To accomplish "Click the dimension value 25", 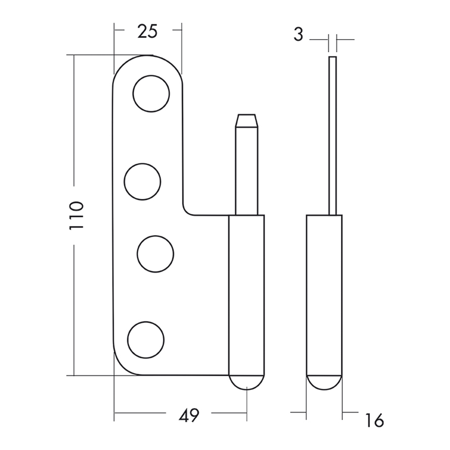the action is [x=148, y=31].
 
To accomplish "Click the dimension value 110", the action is [x=76, y=216].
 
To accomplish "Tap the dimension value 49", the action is [x=189, y=415].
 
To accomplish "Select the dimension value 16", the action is [x=374, y=420].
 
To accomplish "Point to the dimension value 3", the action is [x=298, y=35].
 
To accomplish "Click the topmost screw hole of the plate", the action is [x=151, y=94].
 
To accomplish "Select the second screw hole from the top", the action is [x=142, y=182].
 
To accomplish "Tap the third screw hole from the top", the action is [x=156, y=254].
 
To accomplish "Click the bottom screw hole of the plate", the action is [x=146, y=340].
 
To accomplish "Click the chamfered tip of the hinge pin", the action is [x=247, y=121].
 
